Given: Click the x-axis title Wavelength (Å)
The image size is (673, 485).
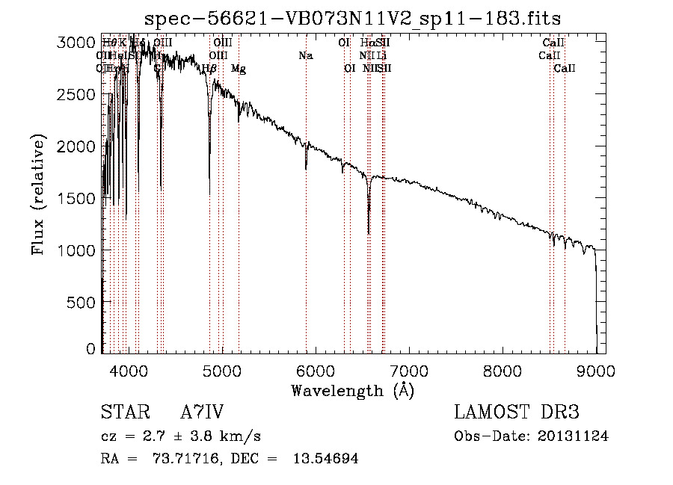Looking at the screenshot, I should (353, 390).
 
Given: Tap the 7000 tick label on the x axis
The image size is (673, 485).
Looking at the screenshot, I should (409, 370).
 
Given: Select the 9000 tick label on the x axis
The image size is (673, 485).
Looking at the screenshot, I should (596, 370).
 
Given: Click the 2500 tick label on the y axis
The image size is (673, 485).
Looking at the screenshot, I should (76, 95).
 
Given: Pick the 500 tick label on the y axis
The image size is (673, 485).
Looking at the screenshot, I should (81, 302).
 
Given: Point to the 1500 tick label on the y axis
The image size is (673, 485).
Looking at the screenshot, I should (76, 199).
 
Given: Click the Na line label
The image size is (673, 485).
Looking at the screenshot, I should (305, 56).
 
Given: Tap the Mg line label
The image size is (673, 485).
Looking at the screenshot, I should (238, 69).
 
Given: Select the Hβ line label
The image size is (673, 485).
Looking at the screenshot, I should (209, 69).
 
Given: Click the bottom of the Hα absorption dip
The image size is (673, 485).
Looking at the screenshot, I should (369, 233).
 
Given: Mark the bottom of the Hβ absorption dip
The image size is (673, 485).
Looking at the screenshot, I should (209, 194).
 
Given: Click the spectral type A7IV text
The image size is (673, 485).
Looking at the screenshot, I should (202, 412).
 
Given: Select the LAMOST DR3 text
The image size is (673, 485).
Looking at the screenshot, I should (517, 412).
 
